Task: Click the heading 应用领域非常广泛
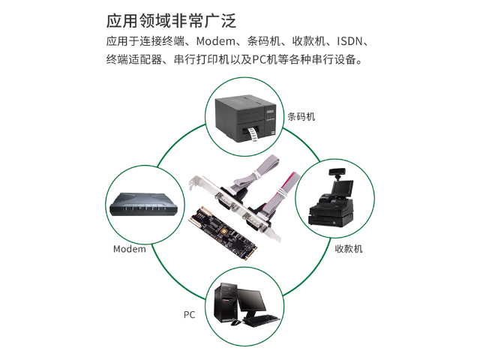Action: coord(171,21)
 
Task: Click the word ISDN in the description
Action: coord(349,41)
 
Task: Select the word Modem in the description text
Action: coord(215,41)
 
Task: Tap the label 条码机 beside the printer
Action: coord(301,117)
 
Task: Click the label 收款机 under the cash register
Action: coord(349,248)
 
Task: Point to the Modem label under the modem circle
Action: coord(130,249)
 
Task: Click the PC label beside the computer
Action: coord(189,315)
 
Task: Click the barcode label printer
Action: coord(246,119)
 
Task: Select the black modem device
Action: coord(143,204)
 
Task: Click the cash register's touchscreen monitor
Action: coord(342,188)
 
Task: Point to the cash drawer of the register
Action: coord(331,220)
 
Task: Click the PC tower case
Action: coord(226,302)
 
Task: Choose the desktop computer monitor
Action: coord(252,302)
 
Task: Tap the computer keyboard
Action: coord(262,320)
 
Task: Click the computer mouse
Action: coord(235,322)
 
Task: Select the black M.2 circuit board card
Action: coord(222,233)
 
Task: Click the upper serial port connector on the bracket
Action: coord(226,202)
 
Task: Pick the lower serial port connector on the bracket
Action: coord(255,223)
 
